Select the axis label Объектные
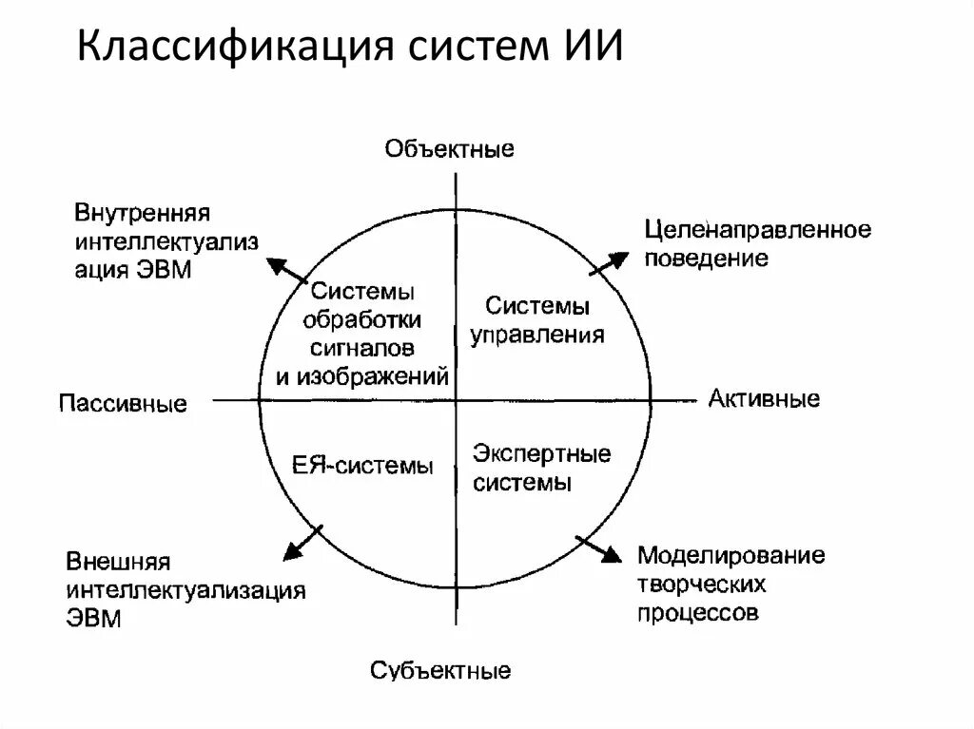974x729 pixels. coord(449,148)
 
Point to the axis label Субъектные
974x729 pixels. coord(440,671)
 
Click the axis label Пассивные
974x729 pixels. coord(123,403)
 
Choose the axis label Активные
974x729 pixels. coord(764,398)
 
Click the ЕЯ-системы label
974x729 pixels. coord(362,466)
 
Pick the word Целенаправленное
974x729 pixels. coord(757,230)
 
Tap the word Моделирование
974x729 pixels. coord(730,555)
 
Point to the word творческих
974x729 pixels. coord(702,583)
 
